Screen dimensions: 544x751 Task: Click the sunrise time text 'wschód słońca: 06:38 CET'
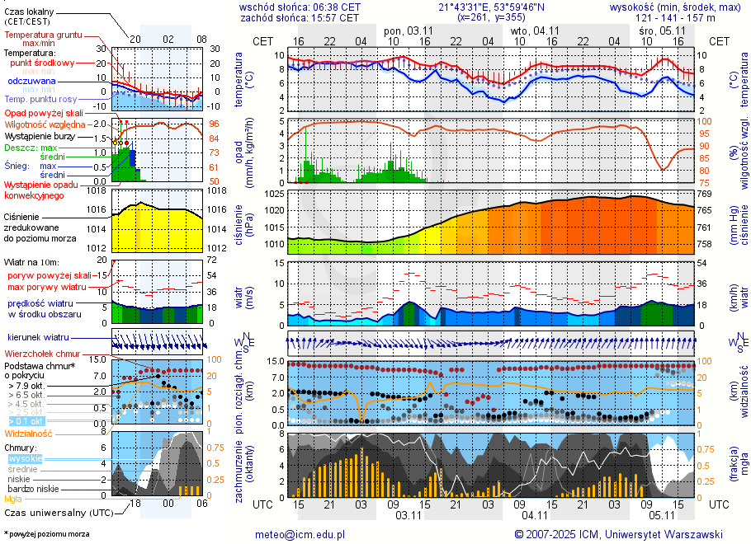(x=300, y=7)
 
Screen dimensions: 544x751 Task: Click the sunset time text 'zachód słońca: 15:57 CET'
(x=300, y=17)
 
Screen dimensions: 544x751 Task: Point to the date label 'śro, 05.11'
(x=659, y=30)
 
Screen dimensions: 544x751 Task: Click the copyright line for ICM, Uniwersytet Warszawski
(x=618, y=534)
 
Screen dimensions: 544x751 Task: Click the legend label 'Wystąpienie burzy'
(x=40, y=135)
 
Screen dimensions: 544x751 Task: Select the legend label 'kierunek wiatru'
(x=38, y=338)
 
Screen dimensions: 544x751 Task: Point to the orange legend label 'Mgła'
(x=13, y=499)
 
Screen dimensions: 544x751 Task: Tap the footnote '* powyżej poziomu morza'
(x=46, y=534)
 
